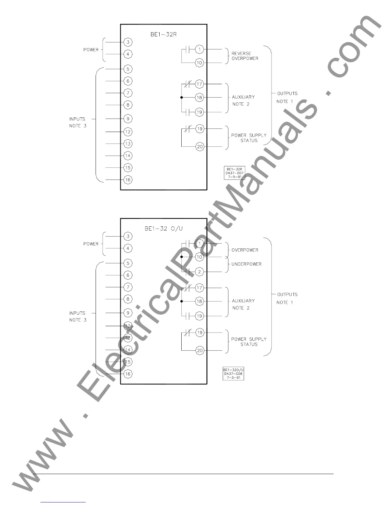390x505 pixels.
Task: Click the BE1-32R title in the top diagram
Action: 163,34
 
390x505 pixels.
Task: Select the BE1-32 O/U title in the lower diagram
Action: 163,229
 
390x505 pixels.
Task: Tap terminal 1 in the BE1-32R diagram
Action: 199,49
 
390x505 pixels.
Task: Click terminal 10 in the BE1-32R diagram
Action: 199,63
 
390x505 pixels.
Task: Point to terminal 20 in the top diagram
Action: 200,147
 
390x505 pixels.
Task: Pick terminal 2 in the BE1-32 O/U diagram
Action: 199,272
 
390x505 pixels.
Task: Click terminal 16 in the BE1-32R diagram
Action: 128,180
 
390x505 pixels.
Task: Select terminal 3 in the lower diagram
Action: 128,236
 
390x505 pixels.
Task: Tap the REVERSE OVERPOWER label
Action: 245,56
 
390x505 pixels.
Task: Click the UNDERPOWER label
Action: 246,264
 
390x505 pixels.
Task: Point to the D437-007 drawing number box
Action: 235,173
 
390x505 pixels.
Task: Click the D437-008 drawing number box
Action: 234,374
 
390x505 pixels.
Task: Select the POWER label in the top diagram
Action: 91,50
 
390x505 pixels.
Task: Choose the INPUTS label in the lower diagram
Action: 77,313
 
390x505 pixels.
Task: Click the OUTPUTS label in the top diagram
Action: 287,93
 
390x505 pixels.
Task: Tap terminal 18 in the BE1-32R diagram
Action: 199,98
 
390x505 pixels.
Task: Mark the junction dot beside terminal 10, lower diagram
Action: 182,257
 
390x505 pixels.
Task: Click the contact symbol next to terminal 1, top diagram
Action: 188,49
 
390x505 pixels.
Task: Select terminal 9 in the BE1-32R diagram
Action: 128,119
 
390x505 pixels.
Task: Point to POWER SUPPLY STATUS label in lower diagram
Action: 249,342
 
